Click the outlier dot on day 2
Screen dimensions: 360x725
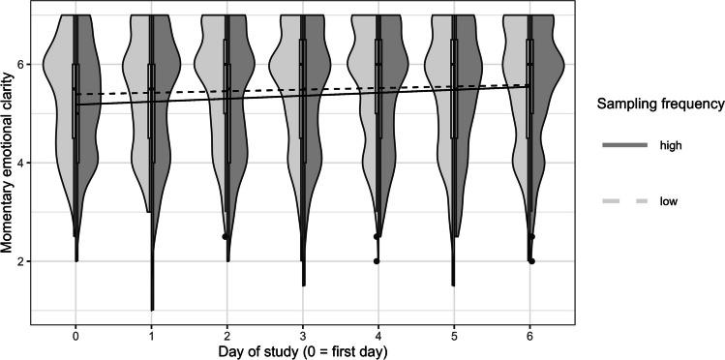point(226,236)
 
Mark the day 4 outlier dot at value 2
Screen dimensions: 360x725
point(377,261)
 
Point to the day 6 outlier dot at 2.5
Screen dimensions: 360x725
point(531,236)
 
